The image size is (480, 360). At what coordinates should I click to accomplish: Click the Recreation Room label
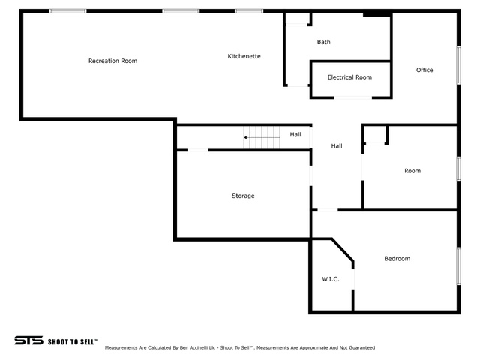tap(112, 61)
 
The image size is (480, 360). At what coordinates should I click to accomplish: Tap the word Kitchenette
tap(244, 56)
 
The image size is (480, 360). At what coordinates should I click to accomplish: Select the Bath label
tap(323, 42)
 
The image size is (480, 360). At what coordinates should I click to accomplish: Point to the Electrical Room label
tap(349, 77)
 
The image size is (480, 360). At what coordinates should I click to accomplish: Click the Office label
tap(424, 70)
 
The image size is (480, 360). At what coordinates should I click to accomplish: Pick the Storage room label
tap(243, 196)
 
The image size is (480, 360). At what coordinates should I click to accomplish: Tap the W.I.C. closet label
tap(331, 279)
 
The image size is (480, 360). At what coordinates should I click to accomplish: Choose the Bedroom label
tap(397, 259)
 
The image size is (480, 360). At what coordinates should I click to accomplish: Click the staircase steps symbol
tap(262, 138)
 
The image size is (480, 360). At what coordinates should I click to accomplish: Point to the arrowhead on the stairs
tap(245, 138)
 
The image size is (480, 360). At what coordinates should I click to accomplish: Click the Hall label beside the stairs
tap(295, 135)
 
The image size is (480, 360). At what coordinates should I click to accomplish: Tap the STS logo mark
tap(28, 340)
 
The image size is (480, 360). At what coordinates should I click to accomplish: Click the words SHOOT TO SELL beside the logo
tap(73, 342)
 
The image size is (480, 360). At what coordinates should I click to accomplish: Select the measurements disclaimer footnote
tap(240, 348)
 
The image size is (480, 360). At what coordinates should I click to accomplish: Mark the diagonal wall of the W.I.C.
tap(343, 250)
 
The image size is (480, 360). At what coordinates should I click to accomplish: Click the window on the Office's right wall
tap(458, 65)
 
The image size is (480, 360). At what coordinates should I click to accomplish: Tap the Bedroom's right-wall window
tap(458, 266)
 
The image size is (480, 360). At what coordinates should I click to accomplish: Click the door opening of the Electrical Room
tap(353, 97)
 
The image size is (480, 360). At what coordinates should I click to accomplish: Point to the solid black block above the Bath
tap(376, 14)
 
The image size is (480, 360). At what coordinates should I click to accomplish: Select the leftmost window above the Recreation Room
tap(68, 11)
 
